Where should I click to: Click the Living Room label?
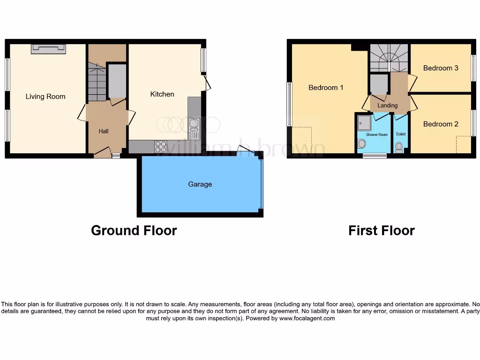pos(45,97)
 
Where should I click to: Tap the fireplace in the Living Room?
pos(48,48)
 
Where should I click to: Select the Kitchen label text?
pos(162,94)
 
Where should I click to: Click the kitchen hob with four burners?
pos(161,147)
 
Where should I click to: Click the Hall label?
pos(104,131)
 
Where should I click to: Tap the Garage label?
pos(200,184)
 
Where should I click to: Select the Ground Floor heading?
pos(134,231)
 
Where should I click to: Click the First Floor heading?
pos(381,231)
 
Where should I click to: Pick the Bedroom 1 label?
pos(326,88)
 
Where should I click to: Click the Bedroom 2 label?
pos(441,124)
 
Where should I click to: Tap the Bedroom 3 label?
pos(441,68)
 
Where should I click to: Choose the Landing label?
pos(387,105)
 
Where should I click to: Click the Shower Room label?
pos(377,135)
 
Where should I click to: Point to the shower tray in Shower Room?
pos(364,123)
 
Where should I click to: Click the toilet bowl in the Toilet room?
pos(399,148)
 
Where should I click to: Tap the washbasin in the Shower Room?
pos(361,144)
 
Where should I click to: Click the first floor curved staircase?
pos(389,57)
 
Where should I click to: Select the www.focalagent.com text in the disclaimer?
pos(307,318)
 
